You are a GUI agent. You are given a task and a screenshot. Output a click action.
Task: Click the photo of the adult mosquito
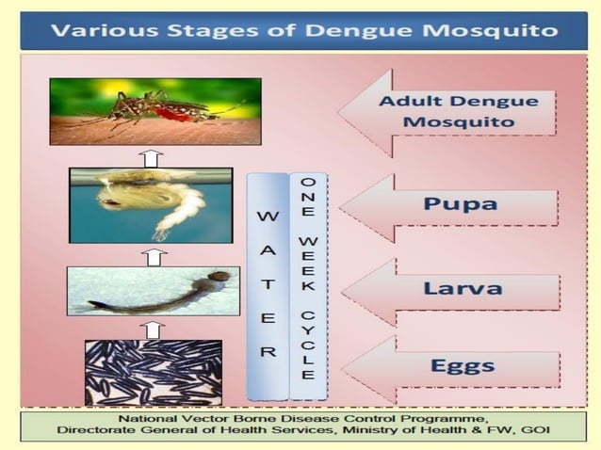point(155,111)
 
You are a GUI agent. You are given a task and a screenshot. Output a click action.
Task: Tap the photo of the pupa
point(151,205)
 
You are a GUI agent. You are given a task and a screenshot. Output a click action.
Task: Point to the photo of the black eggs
point(154,373)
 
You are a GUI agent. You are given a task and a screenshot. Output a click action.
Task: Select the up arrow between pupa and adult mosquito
point(150,157)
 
